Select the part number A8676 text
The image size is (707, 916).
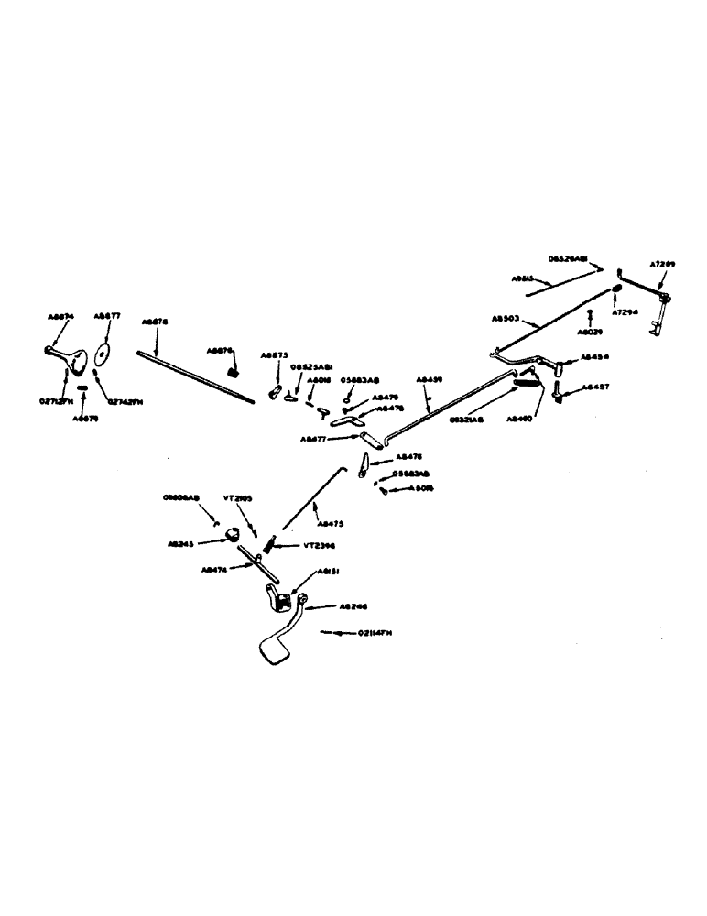pyautogui.click(x=155, y=322)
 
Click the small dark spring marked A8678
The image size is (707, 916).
pyautogui.click(x=234, y=371)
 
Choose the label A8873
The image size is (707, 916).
pyautogui.click(x=274, y=354)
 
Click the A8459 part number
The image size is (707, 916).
pyautogui.click(x=428, y=377)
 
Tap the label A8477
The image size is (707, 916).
pyautogui.click(x=313, y=440)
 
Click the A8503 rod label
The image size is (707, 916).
pyautogui.click(x=506, y=319)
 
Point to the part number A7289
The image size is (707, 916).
pyautogui.click(x=662, y=265)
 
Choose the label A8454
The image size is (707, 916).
pyautogui.click(x=595, y=356)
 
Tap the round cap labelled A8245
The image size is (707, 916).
pyautogui.click(x=230, y=534)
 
